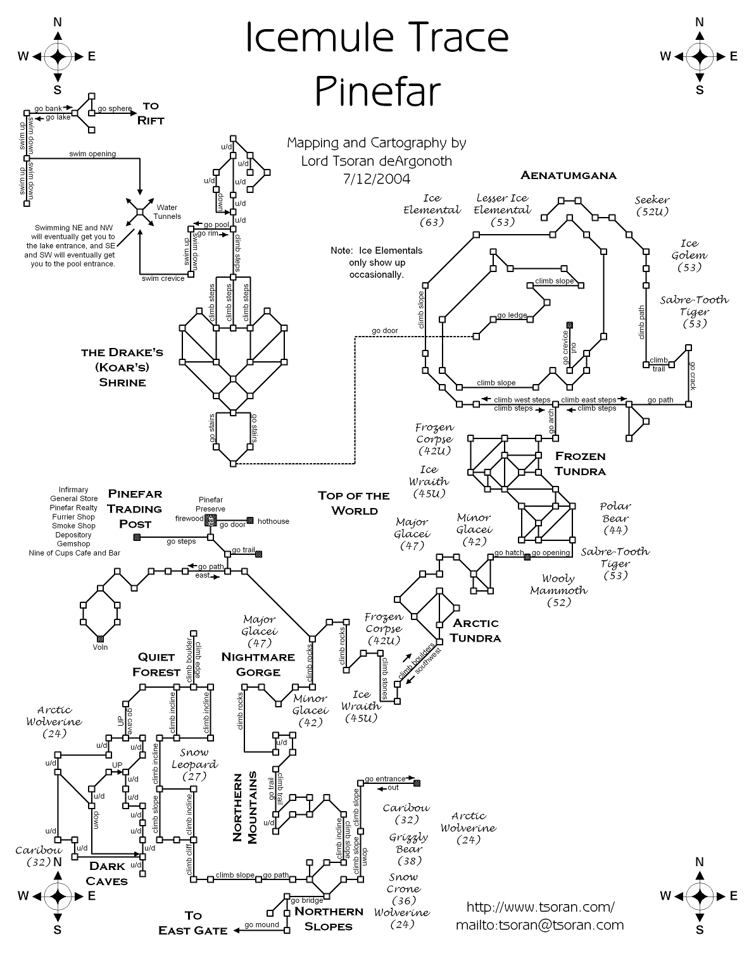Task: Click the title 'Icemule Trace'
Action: [x=377, y=38]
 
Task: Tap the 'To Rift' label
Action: [x=151, y=113]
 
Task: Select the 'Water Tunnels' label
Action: [x=167, y=212]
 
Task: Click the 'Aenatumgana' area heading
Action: [x=568, y=175]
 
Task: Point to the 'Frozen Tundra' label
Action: [x=580, y=463]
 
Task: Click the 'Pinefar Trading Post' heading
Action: [x=135, y=509]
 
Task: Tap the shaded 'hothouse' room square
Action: [x=250, y=521]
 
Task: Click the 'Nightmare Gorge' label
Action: [x=258, y=664]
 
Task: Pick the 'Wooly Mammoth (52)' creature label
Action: [x=558, y=590]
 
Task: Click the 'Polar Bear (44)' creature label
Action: [x=615, y=518]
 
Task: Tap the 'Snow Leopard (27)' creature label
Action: [x=194, y=764]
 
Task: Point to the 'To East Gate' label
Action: [x=192, y=923]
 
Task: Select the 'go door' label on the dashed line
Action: [x=385, y=331]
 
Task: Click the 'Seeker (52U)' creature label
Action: [x=652, y=206]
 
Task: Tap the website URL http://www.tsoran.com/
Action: [x=540, y=907]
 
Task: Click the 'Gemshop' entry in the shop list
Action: [x=74, y=543]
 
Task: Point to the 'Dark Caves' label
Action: [x=106, y=873]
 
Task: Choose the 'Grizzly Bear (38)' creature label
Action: [x=409, y=849]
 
